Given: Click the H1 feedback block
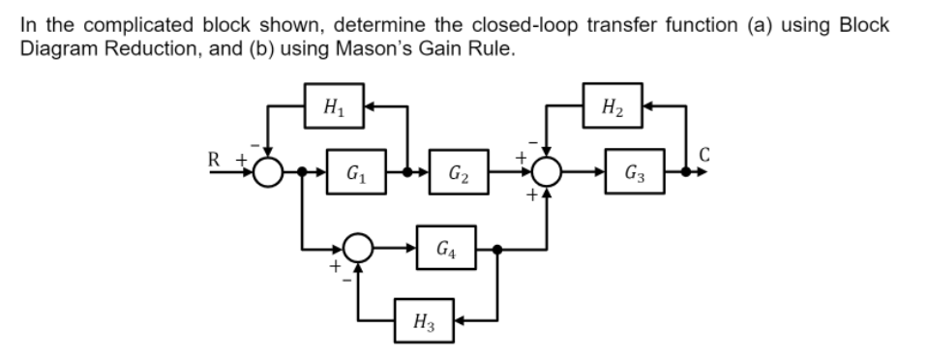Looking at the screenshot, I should tap(332, 105).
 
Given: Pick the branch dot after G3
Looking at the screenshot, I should tap(688, 175).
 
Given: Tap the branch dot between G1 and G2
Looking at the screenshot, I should tap(405, 175).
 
